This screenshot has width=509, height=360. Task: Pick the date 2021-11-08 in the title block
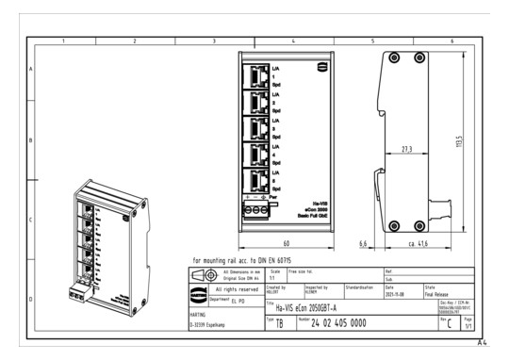[x=396, y=291]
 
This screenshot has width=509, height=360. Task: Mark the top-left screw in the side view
[x=393, y=57]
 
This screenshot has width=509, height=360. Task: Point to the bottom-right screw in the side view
[x=419, y=226]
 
